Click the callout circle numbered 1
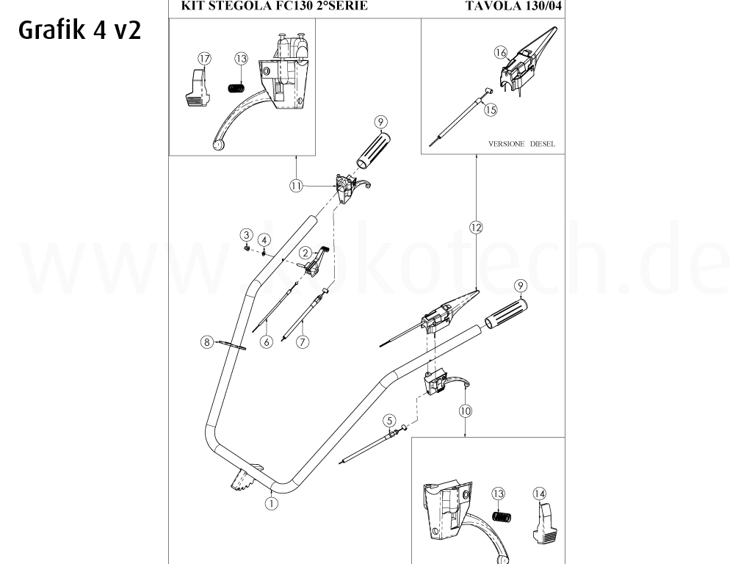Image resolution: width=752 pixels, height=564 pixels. (x=272, y=503)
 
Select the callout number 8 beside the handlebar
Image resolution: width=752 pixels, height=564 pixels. (x=207, y=341)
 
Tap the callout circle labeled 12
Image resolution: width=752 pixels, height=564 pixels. (x=476, y=228)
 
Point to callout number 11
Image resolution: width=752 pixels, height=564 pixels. (x=296, y=187)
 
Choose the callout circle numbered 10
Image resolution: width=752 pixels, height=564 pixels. (x=465, y=411)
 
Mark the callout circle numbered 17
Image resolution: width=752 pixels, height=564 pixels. (x=203, y=58)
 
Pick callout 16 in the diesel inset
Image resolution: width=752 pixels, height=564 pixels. (x=501, y=52)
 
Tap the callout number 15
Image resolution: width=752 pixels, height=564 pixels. (x=490, y=109)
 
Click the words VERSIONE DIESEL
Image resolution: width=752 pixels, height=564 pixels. (x=521, y=144)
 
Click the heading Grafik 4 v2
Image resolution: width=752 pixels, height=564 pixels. (x=77, y=32)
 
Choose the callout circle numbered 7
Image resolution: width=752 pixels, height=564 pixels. (x=302, y=341)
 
